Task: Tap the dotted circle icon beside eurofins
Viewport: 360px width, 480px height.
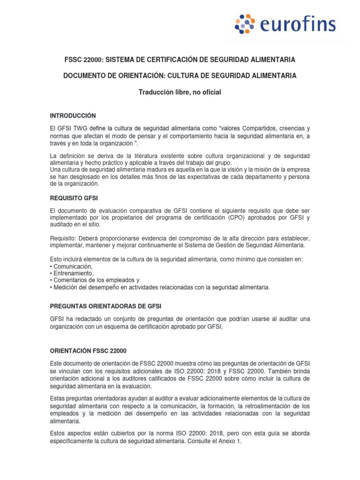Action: (x=245, y=24)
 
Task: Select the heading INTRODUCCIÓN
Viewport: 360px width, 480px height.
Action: (x=73, y=115)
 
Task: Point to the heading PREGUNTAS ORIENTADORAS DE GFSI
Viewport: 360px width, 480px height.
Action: (x=105, y=306)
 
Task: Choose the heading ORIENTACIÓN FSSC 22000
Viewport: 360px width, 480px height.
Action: (x=88, y=351)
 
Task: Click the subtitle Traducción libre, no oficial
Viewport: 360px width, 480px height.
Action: (x=180, y=92)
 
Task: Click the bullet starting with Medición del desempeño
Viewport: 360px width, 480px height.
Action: (x=161, y=287)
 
